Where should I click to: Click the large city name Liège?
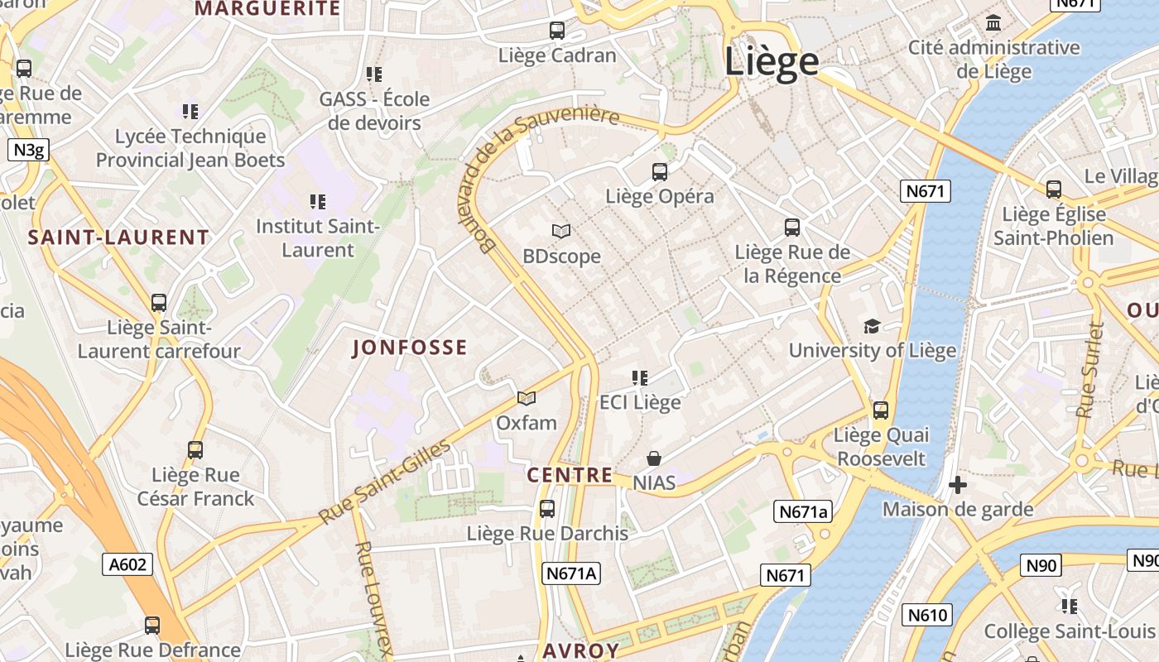tap(772, 63)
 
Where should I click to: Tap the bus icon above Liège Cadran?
tap(557, 31)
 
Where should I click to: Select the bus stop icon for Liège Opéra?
tap(659, 172)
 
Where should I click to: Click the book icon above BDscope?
tap(561, 232)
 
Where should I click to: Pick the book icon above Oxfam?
tap(527, 398)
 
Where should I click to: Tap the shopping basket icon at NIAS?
tap(654, 458)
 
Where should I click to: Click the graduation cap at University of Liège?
tap(872, 326)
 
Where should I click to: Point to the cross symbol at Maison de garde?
tap(958, 485)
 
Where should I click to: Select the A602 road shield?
tap(128, 564)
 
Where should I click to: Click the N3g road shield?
tap(28, 150)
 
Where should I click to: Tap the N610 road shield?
tap(926, 615)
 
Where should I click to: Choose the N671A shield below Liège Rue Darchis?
tap(571, 573)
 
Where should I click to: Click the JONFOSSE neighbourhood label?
tap(410, 348)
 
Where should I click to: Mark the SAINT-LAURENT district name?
tap(118, 237)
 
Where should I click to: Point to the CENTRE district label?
tap(570, 476)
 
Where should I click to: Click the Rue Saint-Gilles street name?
tap(385, 482)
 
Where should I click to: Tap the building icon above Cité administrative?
tap(993, 22)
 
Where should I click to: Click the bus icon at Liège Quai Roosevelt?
tap(881, 410)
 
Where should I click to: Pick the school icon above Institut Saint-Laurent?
tap(317, 202)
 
